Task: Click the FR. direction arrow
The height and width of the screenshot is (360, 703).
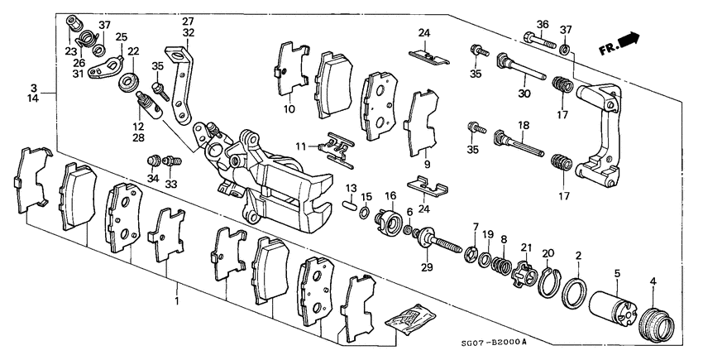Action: pos(631,41)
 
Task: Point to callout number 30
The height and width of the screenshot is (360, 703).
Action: pos(523,93)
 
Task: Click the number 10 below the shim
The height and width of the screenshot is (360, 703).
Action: pos(289,109)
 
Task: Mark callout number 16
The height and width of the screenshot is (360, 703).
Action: pos(390,195)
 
